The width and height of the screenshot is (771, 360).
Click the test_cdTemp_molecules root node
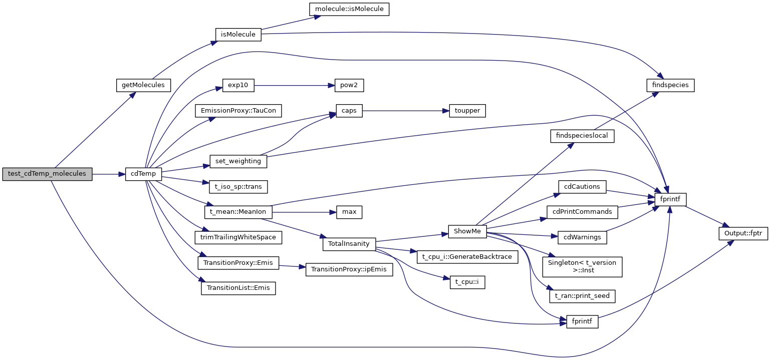coord(47,174)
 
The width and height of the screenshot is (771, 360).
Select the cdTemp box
coord(143,174)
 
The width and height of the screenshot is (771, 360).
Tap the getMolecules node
coord(143,85)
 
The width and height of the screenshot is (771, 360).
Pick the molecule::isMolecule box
coord(349,9)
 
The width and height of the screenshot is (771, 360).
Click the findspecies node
coord(670,85)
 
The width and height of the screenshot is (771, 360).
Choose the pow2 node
coord(346,86)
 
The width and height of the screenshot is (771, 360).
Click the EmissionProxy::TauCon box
coord(238,111)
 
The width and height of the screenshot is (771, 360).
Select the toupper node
coord(464,111)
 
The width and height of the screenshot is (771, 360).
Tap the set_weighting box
coord(238,161)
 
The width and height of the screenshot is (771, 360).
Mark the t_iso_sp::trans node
coord(238,187)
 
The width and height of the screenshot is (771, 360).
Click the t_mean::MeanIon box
coord(238,212)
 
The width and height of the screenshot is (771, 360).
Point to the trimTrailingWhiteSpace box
coord(238,237)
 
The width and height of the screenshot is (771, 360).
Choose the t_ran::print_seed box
coord(582,296)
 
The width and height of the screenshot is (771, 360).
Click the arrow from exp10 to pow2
coord(291,86)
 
